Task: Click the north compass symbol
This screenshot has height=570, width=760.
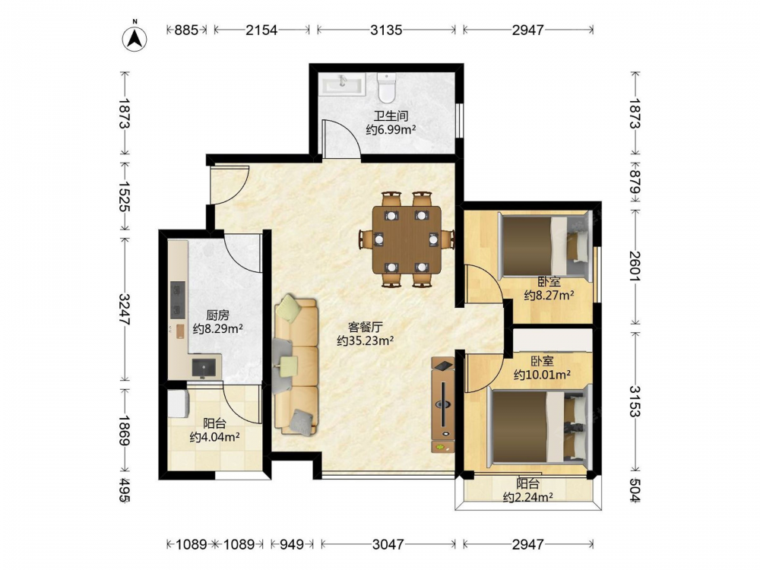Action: pyautogui.click(x=135, y=37)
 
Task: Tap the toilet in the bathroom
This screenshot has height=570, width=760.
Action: pyautogui.click(x=387, y=87)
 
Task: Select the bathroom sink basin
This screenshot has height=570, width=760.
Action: pyautogui.click(x=342, y=84)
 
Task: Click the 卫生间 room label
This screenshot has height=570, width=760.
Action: pyautogui.click(x=391, y=116)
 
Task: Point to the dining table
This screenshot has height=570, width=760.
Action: pyautogui.click(x=406, y=240)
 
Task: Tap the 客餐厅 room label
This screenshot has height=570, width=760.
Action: pyautogui.click(x=365, y=327)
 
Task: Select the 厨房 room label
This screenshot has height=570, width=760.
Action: pyautogui.click(x=217, y=315)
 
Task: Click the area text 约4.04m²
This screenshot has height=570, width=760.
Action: pyautogui.click(x=215, y=437)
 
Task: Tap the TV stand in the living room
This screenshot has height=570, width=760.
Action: pyautogui.click(x=443, y=405)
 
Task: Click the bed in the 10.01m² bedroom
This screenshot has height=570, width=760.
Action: pyautogui.click(x=539, y=426)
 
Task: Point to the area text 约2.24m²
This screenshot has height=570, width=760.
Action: pyautogui.click(x=528, y=497)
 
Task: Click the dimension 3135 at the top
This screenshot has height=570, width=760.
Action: pyautogui.click(x=386, y=30)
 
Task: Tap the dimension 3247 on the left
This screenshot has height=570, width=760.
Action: pyautogui.click(x=125, y=309)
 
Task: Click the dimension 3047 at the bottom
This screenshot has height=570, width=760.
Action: pyautogui.click(x=388, y=544)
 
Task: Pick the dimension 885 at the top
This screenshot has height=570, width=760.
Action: pyautogui.click(x=186, y=30)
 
